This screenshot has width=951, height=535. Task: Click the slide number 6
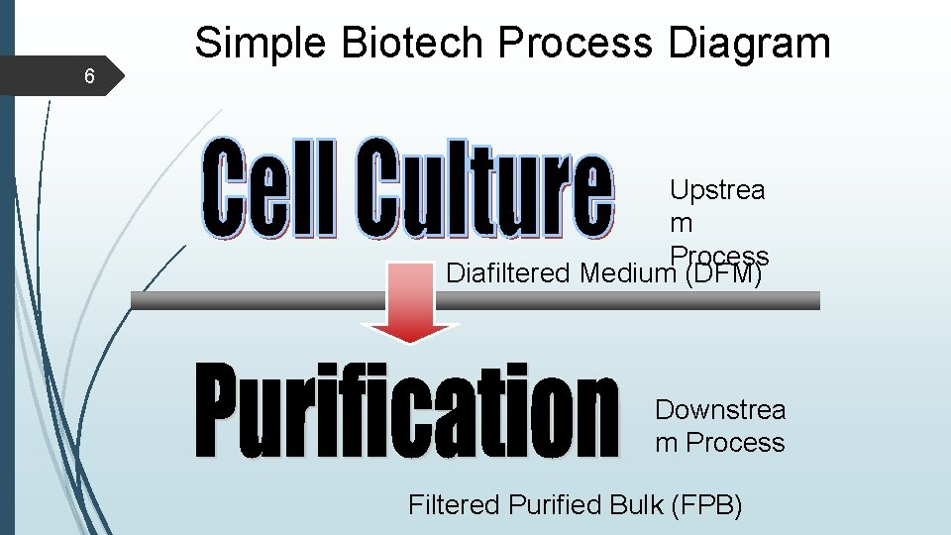[x=90, y=76]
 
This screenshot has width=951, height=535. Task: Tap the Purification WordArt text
[x=406, y=411]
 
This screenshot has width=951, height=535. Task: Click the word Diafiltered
[x=509, y=272]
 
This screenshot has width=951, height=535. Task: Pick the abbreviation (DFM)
[x=723, y=272]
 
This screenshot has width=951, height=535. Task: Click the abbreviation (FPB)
[x=706, y=505]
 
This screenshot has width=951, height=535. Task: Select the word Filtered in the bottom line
[x=454, y=505]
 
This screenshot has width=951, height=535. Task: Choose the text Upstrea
[x=716, y=190]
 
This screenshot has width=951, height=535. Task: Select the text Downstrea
[x=720, y=410]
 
